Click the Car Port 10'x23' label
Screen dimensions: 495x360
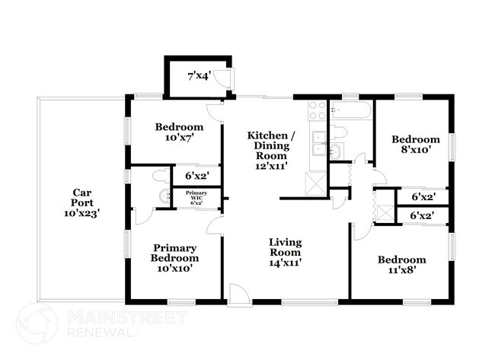tap(82, 202)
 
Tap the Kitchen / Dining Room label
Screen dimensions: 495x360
tap(271, 151)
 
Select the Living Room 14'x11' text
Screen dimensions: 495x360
tap(285, 252)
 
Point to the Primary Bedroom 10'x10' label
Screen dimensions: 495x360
tap(174, 258)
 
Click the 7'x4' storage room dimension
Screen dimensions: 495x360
tap(200, 76)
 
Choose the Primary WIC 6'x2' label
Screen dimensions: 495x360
tap(196, 198)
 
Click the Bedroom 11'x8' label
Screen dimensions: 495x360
tap(402, 265)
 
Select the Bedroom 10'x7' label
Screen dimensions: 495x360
tap(179, 132)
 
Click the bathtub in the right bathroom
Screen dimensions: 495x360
tap(350, 110)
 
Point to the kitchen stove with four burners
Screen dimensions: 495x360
tap(318, 111)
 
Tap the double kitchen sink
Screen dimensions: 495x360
tap(318, 144)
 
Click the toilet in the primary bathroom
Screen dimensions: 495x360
tap(160, 175)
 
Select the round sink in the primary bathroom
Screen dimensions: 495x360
tap(164, 196)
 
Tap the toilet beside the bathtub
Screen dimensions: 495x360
tap(338, 132)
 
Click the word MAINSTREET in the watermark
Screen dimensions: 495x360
tap(127, 317)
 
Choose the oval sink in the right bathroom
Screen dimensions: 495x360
tap(337, 151)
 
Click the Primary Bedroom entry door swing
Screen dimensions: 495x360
tap(215, 225)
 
